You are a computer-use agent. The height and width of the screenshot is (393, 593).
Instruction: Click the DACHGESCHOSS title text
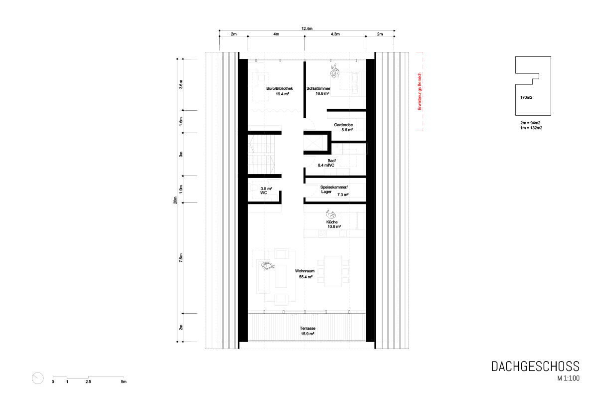tap(535, 367)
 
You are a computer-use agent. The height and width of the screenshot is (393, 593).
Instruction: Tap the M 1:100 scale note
tap(568, 378)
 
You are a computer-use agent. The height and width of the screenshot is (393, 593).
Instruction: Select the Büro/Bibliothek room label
tap(280, 89)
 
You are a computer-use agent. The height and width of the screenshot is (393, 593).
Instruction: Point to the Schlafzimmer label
tap(318, 89)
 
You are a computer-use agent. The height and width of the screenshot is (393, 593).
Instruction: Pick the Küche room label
tap(332, 222)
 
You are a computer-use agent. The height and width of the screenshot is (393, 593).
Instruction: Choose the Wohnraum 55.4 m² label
tap(305, 274)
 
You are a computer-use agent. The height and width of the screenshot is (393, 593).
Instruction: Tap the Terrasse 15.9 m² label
tap(307, 331)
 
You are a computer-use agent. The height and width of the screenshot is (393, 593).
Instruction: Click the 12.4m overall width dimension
tap(306, 28)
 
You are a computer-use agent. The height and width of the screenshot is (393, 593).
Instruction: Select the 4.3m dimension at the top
tap(335, 34)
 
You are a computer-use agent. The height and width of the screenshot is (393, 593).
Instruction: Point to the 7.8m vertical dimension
tap(181, 258)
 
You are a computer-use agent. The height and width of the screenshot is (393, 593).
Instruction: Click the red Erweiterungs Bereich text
tap(420, 91)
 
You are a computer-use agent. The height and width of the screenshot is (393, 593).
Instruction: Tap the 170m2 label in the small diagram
tap(526, 97)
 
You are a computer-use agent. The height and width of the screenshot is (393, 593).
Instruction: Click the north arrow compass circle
tap(37, 378)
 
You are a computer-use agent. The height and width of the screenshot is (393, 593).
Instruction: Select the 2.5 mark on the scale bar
tap(88, 382)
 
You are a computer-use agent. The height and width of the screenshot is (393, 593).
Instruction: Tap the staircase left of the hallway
tap(261, 155)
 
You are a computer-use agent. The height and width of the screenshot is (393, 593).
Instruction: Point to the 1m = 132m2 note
tap(531, 128)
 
